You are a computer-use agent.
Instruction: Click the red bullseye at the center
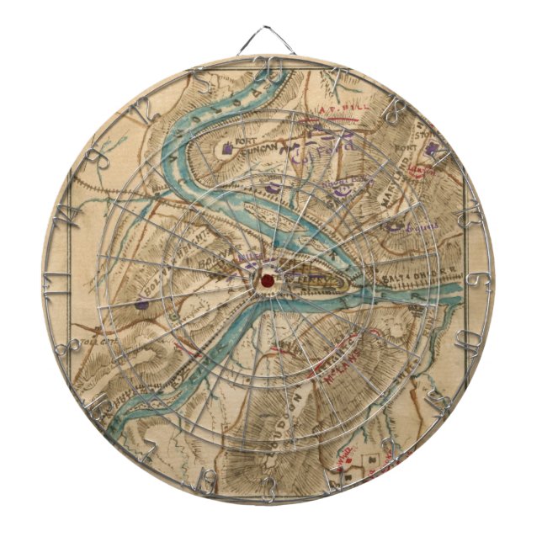(x=267, y=279)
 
